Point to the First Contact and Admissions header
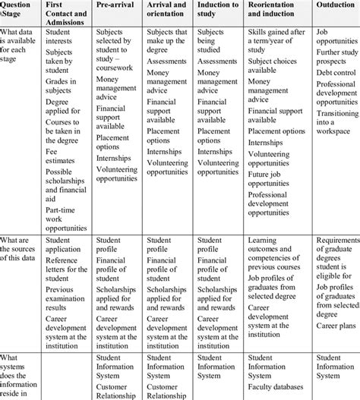pyautogui.click(x=66, y=14)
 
